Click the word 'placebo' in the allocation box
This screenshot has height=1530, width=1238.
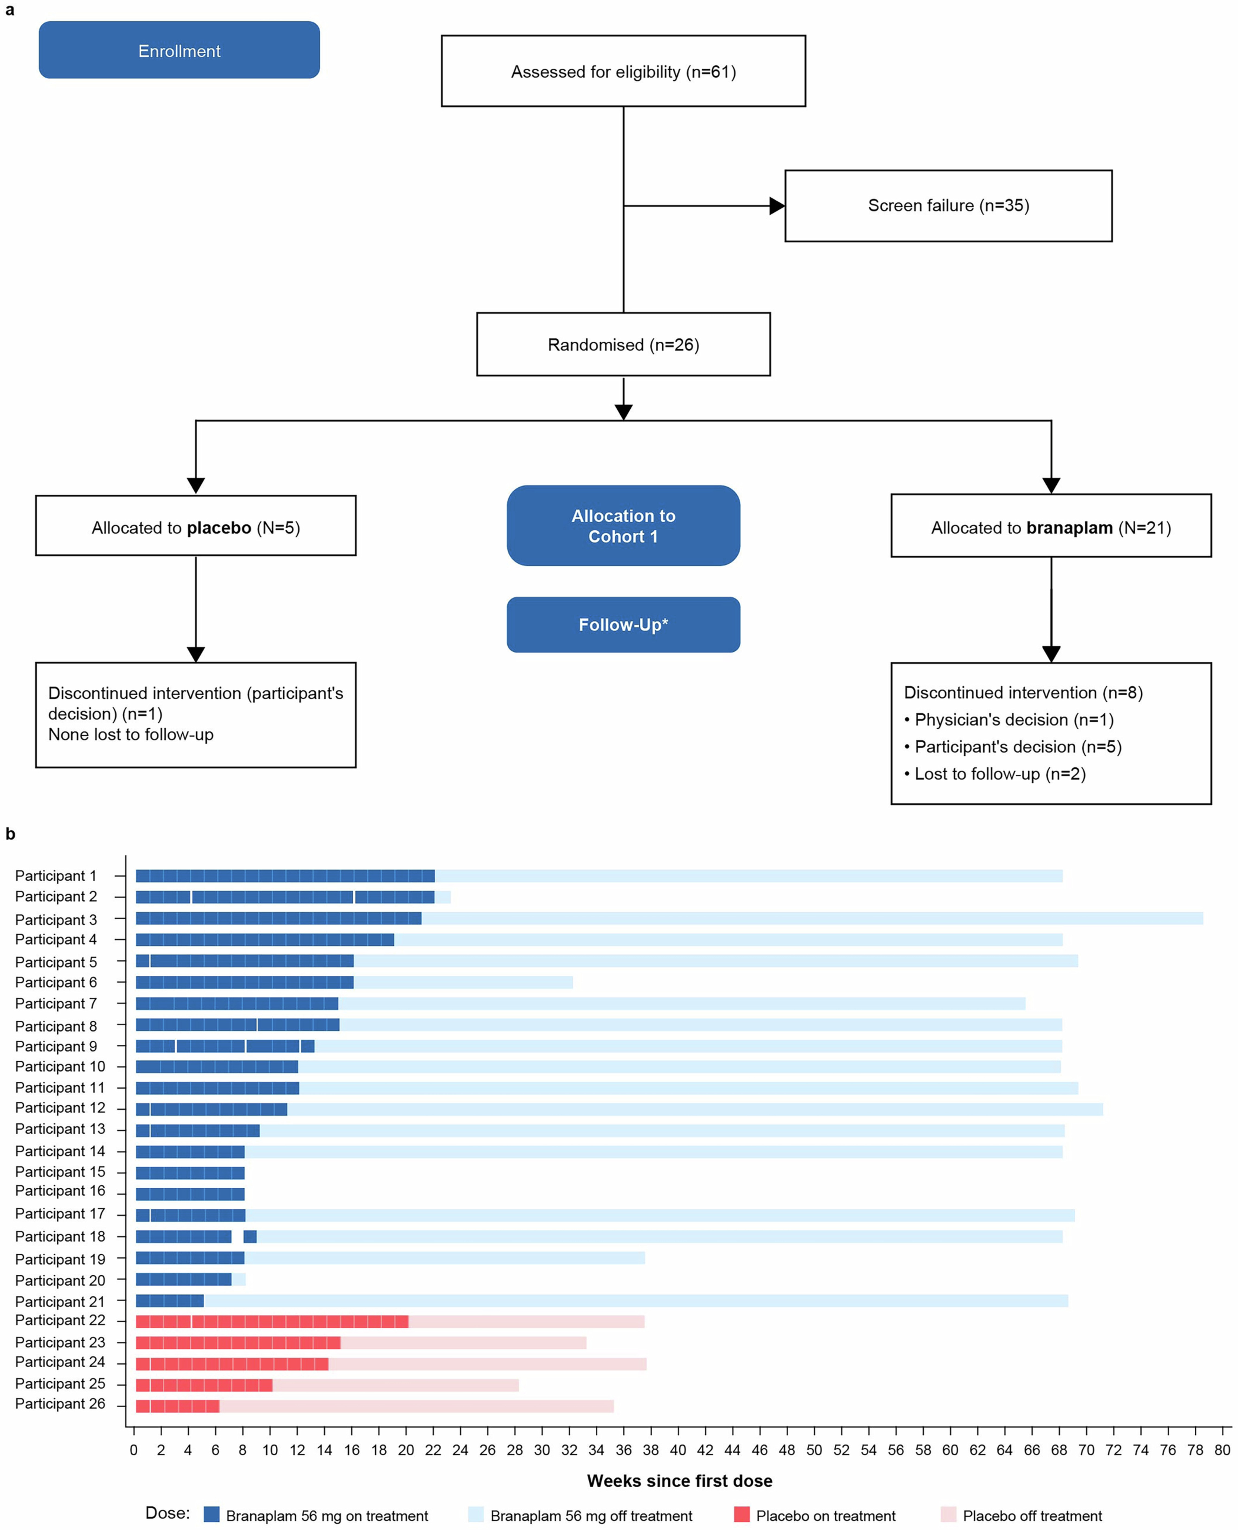[x=219, y=528]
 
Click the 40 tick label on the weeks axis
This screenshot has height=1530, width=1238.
[x=677, y=1449]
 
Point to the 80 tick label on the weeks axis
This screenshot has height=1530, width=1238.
[x=1222, y=1449]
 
